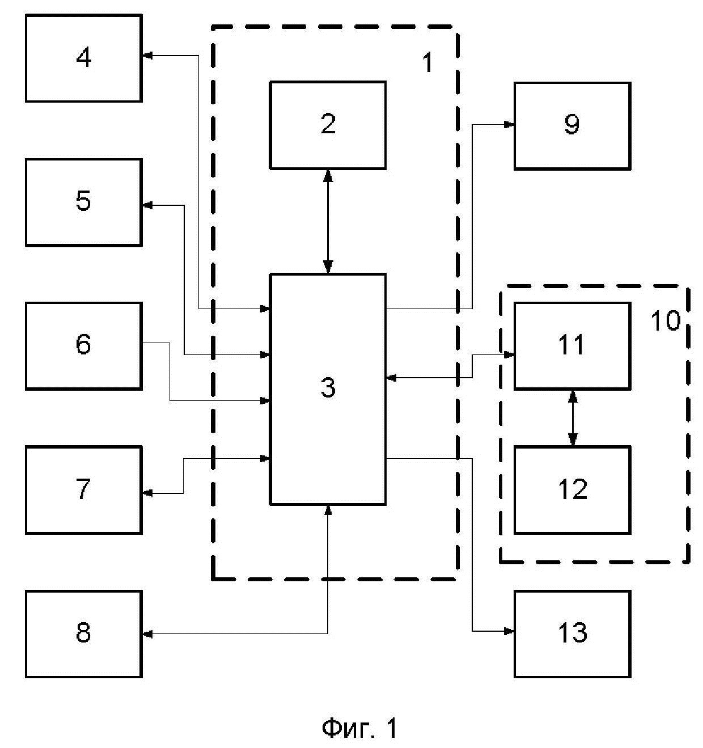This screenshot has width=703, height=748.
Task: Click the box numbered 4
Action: point(83,58)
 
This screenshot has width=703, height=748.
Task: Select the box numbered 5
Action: point(83,202)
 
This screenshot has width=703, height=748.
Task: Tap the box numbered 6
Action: point(83,346)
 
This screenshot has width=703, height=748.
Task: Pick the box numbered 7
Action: point(83,490)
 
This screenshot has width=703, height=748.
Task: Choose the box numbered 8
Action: point(83,633)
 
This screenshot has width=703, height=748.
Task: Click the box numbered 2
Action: point(328,125)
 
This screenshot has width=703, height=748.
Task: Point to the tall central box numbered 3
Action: point(328,389)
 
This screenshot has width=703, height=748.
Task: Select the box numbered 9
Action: point(572,125)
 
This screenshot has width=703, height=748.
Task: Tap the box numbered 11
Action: point(572,346)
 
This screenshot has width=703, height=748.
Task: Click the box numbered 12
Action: point(572,490)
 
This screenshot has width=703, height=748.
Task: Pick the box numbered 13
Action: point(572,633)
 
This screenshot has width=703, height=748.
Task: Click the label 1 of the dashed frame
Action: point(428,63)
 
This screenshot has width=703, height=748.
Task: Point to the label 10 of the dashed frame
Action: point(665,321)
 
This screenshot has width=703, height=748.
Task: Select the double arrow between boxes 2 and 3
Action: point(328,221)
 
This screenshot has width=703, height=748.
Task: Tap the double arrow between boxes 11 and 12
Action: point(573,418)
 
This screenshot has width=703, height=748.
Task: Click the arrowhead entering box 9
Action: point(510,125)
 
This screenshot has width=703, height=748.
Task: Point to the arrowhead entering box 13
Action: point(510,631)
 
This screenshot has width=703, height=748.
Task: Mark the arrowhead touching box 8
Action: point(147,633)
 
